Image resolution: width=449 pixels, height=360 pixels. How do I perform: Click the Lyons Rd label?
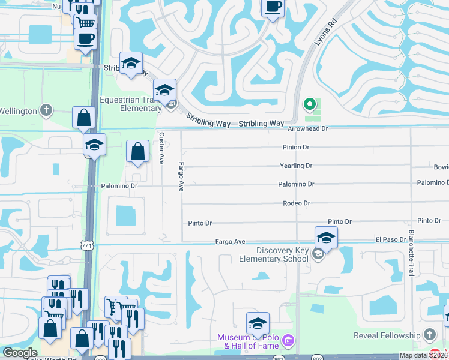[x=322, y=37]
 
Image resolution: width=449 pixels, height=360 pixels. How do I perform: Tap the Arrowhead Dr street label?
[x=308, y=129]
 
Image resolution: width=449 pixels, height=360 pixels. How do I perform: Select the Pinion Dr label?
[x=296, y=147]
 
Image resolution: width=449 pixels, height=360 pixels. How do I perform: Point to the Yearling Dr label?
[x=296, y=166]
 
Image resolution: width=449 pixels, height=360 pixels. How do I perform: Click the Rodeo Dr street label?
[x=296, y=203]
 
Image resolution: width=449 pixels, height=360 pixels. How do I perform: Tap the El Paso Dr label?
[x=391, y=239]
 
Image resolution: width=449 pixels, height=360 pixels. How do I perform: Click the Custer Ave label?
[x=161, y=148]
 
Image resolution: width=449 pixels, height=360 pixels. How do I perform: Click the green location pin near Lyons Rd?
[x=310, y=104]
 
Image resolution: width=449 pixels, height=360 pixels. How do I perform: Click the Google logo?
[x=20, y=353]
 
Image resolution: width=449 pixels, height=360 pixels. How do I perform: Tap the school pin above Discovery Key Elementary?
[x=326, y=237]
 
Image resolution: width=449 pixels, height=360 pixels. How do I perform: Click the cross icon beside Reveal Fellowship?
[x=429, y=334]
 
